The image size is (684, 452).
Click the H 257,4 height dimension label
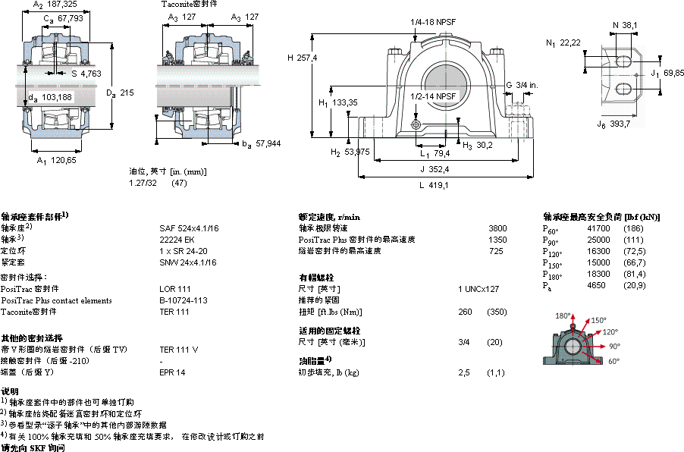tap(302, 58)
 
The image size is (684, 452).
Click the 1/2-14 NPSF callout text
tap(434, 96)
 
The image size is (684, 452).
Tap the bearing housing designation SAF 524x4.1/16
tap(188, 227)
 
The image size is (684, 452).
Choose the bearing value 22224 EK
tap(177, 238)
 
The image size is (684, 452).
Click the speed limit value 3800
tap(497, 228)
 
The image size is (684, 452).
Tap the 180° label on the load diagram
tap(563, 315)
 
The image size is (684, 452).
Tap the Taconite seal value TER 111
tap(174, 312)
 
